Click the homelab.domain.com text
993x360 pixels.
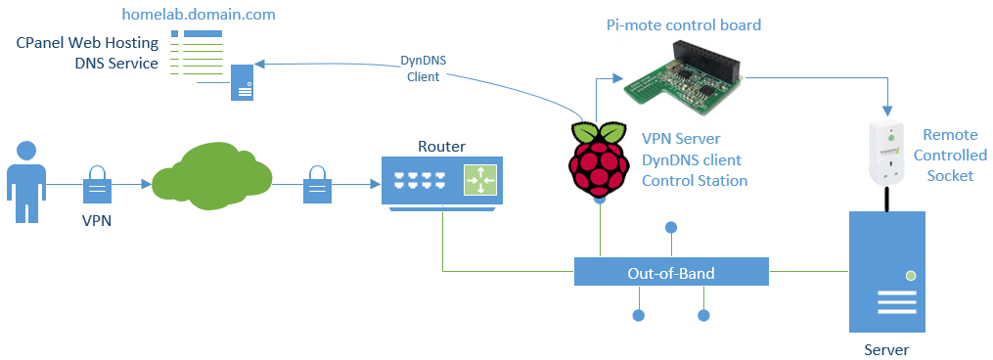(x=199, y=15)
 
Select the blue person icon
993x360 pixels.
(x=27, y=181)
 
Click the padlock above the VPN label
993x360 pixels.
(x=96, y=182)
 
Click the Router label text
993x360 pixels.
(x=442, y=147)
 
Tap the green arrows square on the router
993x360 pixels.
(x=480, y=181)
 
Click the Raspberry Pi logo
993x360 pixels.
(x=599, y=159)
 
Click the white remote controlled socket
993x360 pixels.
(x=887, y=153)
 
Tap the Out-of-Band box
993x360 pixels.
(x=670, y=273)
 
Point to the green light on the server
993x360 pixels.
(x=911, y=276)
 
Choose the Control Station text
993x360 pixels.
(x=695, y=180)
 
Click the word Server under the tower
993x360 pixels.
(x=886, y=349)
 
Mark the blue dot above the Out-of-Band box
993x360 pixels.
(x=670, y=228)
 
